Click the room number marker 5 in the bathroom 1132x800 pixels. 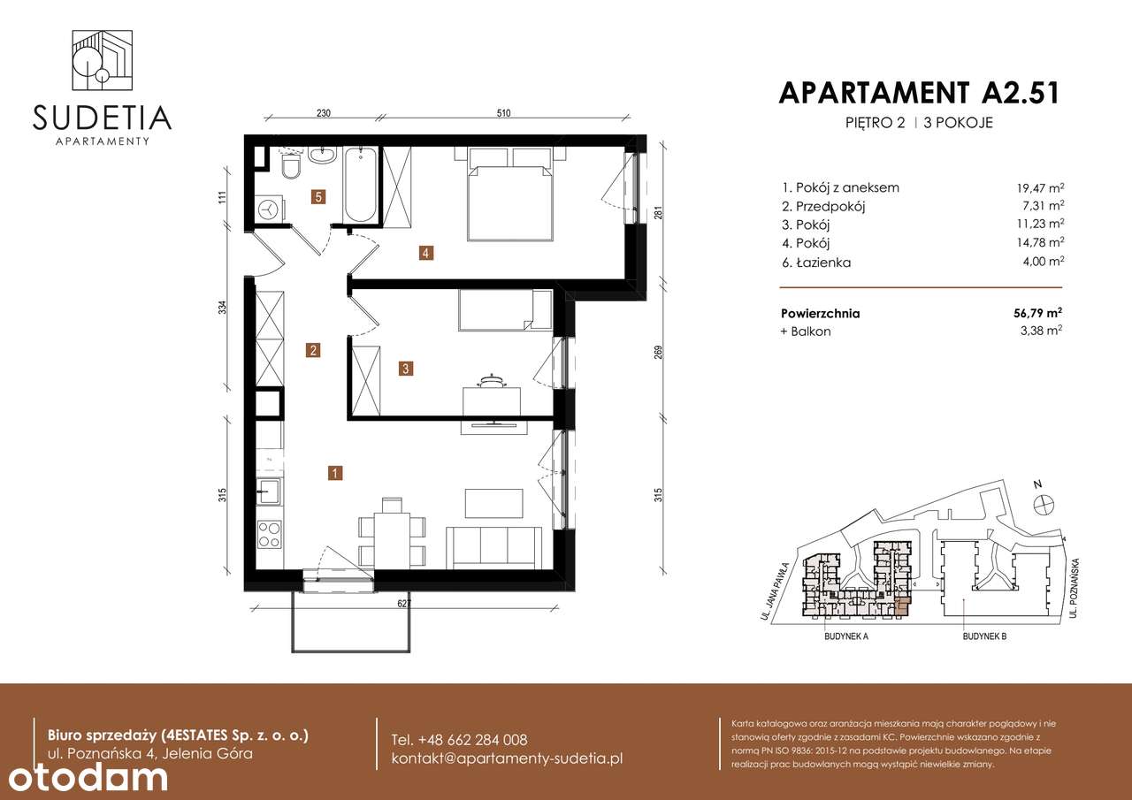pos(317,197)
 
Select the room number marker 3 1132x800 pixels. pos(405,369)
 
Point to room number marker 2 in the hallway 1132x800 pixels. pos(313,350)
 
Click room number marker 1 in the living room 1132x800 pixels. pos(335,473)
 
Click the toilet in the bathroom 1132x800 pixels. pos(290,167)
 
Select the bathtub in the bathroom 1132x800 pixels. pos(360,187)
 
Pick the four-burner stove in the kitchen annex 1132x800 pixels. pos(269,534)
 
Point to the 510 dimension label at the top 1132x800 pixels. pos(504,113)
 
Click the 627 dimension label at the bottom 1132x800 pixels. pos(403,605)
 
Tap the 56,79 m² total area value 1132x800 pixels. pos(1040,313)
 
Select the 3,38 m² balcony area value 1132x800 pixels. pos(1044,331)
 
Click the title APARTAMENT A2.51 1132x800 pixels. pos(919,93)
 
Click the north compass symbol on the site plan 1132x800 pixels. pos(1044,503)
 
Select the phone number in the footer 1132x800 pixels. pos(459,740)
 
